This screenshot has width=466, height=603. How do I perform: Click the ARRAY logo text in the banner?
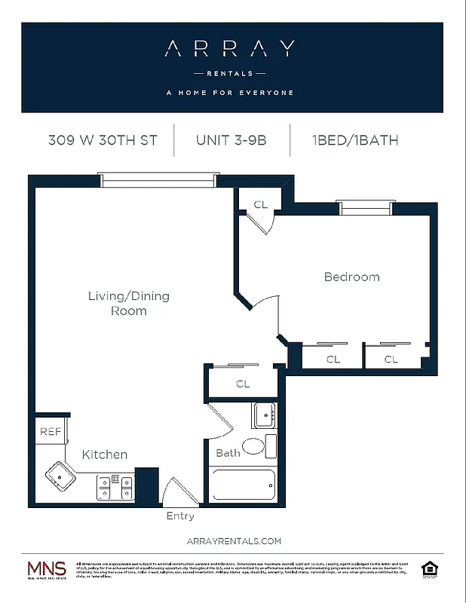click(229, 50)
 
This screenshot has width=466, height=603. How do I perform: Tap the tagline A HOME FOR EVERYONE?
click(229, 93)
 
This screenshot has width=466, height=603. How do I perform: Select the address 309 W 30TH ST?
click(103, 140)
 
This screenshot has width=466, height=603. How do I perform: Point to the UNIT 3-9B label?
click(231, 140)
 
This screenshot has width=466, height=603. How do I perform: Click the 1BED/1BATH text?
click(354, 140)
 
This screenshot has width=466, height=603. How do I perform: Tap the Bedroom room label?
click(351, 277)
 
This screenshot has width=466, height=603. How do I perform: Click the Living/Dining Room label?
click(128, 303)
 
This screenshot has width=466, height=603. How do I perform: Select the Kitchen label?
click(104, 455)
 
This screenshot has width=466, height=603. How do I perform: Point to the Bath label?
click(228, 453)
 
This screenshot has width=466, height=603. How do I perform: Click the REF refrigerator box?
click(50, 433)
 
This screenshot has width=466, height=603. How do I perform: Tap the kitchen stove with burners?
click(115, 487)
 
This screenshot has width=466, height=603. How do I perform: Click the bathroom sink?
click(264, 415)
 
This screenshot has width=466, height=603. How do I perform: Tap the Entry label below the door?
click(180, 516)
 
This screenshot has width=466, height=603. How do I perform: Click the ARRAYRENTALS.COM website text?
click(233, 540)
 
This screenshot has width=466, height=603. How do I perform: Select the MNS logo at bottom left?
click(47, 569)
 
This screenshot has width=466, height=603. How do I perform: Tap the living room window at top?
click(158, 180)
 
